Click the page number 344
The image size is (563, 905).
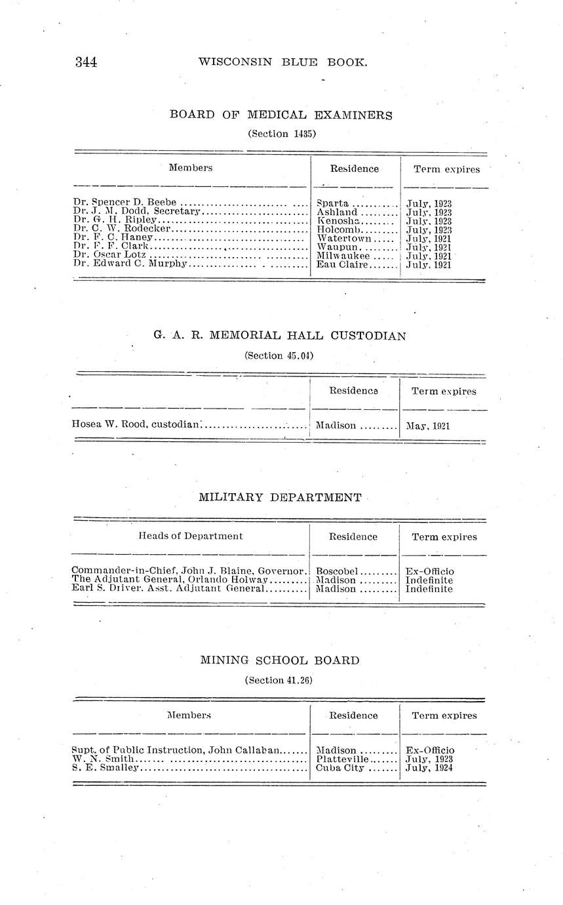pyautogui.click(x=86, y=62)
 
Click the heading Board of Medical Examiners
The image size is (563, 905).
pyautogui.click(x=281, y=115)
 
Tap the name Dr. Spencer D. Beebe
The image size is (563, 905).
pyautogui.click(x=125, y=203)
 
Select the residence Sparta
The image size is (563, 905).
pyautogui.click(x=332, y=203)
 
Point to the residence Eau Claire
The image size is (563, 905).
pyautogui.click(x=343, y=264)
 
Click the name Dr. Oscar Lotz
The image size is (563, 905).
pyautogui.click(x=109, y=255)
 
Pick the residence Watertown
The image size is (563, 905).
pyautogui.click(x=344, y=238)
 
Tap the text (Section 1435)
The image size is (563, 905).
pyautogui.click(x=281, y=134)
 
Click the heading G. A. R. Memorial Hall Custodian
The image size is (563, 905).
pyautogui.click(x=280, y=336)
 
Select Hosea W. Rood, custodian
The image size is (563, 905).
pyautogui.click(x=135, y=424)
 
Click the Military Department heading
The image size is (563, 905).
pyautogui.click(x=280, y=497)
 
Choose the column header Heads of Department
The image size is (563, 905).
pyautogui.click(x=190, y=536)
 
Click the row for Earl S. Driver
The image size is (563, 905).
pyautogui.click(x=167, y=589)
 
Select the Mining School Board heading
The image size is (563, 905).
pyautogui.click(x=280, y=660)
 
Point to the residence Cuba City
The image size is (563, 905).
pyautogui.click(x=340, y=767)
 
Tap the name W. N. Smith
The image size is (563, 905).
pyautogui.click(x=103, y=759)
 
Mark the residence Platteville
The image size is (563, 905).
pyautogui.click(x=342, y=759)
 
